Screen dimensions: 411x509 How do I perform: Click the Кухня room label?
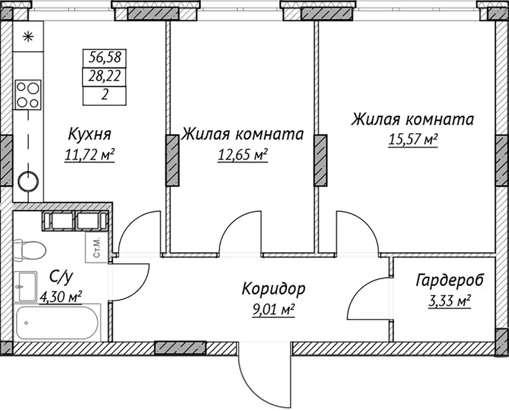[89, 133]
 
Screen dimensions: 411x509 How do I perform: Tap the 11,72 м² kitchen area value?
[89, 155]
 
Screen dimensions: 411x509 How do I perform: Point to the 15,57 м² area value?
[412, 140]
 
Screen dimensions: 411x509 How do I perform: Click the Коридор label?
[273, 289]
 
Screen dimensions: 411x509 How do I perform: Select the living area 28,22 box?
[105, 77]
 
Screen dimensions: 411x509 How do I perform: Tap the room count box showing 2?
[105, 95]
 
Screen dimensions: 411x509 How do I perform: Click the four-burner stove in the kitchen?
[28, 94]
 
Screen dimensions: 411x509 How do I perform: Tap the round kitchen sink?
[28, 182]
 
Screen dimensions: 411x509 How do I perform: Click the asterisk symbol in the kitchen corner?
[28, 37]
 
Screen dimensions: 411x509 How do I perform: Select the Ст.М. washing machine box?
[98, 248]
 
